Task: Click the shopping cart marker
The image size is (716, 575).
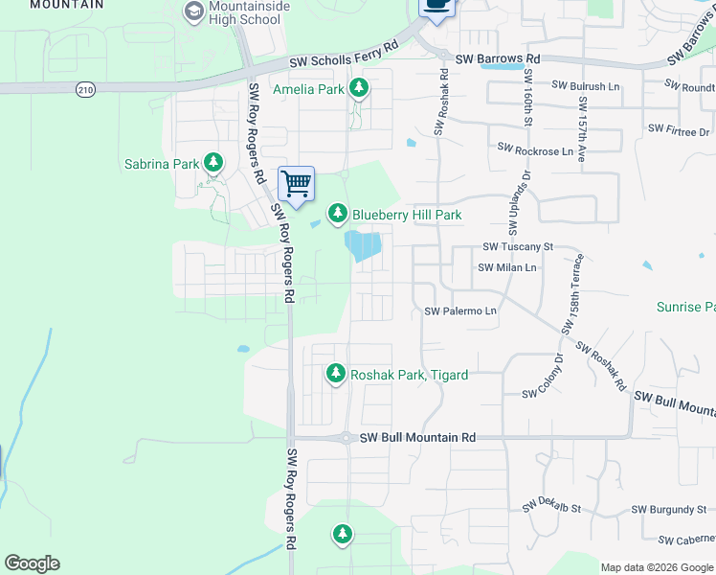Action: pos(297,183)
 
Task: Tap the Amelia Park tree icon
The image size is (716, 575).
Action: pos(359,89)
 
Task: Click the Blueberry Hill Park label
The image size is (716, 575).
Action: pos(407,215)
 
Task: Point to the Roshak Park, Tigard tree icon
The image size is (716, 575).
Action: pos(336,374)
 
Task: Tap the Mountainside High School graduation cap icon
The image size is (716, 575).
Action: pos(194,11)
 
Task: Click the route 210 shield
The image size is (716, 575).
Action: pos(85,89)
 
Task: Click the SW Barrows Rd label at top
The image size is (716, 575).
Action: pos(498,58)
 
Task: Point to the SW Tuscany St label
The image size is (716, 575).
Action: pos(518,246)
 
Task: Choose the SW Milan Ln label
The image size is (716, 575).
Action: pos(507,267)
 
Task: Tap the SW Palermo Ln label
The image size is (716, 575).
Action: pos(460,311)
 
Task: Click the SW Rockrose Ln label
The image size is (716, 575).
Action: pos(535,150)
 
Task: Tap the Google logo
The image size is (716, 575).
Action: pos(32,563)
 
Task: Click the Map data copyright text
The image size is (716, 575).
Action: pos(657,567)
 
